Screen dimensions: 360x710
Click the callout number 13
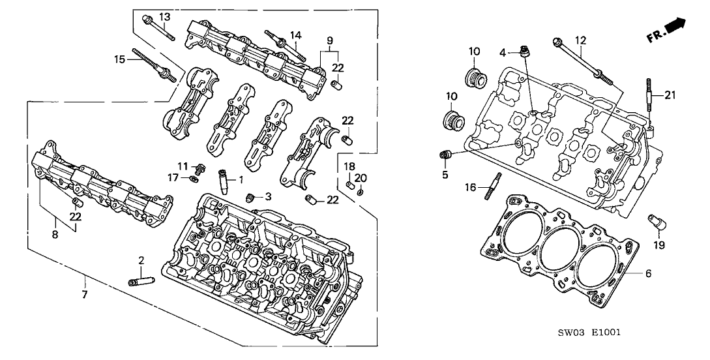[x=164, y=16]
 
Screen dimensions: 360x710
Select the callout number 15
[x=119, y=59]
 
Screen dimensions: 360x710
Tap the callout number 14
[x=296, y=35]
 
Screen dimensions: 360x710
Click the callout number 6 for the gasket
[x=649, y=274]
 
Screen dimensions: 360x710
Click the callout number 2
[x=141, y=261]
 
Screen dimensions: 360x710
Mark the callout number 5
[x=445, y=174]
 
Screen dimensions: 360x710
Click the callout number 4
[x=503, y=52]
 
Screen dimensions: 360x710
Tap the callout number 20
[x=363, y=178]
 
